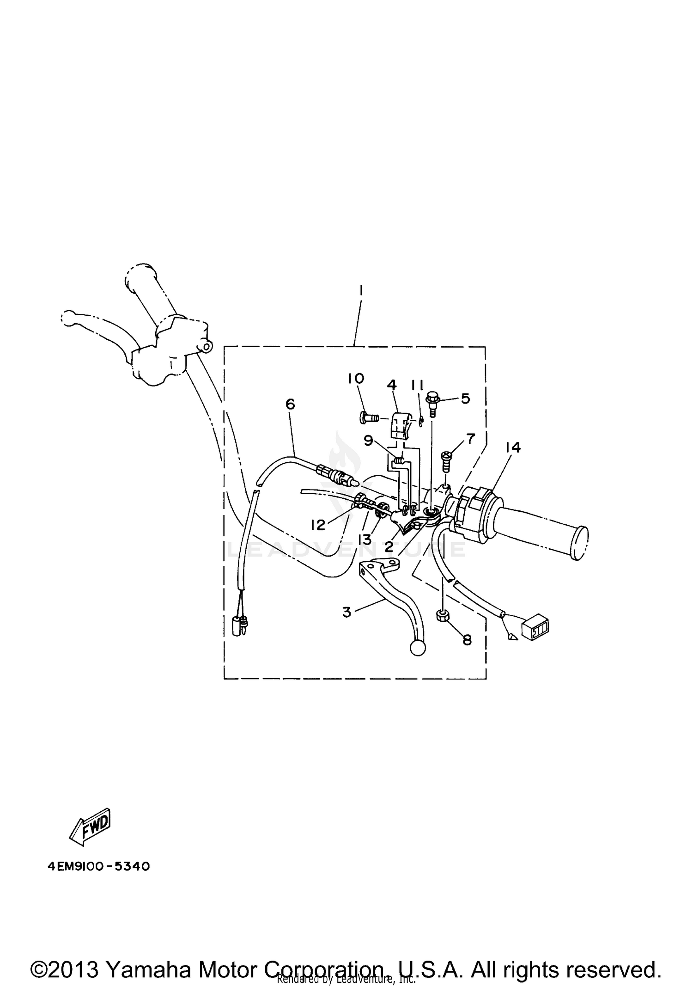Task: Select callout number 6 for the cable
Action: (290, 404)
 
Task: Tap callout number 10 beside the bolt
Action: (356, 379)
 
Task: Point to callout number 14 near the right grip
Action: (513, 448)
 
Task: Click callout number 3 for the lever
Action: (347, 612)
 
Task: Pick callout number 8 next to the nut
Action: (467, 640)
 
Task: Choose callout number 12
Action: (318, 524)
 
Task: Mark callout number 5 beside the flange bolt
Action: (465, 398)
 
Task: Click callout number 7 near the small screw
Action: (470, 439)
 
